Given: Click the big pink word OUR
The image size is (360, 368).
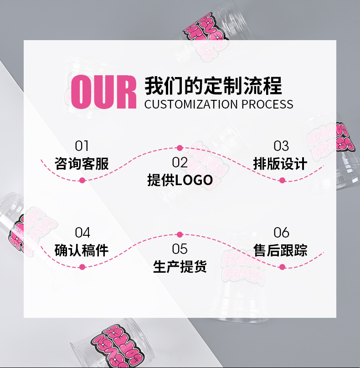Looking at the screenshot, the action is click(x=104, y=93).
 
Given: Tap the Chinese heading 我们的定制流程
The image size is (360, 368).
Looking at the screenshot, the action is click(x=213, y=86).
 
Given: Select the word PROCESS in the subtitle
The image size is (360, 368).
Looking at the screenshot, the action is click(x=267, y=104).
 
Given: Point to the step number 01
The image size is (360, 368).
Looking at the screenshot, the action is click(x=82, y=146).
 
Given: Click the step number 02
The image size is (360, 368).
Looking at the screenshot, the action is click(x=180, y=162).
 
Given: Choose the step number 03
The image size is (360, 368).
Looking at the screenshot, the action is click(x=281, y=146).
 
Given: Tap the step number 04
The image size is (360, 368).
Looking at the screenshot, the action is click(x=82, y=233).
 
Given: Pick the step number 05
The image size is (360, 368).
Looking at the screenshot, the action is click(x=180, y=249).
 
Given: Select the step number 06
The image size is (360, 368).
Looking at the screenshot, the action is click(x=281, y=233).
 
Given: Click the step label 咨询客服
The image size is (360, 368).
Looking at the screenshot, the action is click(x=82, y=164).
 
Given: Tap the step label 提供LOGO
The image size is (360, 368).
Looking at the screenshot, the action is click(x=180, y=180).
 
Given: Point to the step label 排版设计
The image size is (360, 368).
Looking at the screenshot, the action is click(x=280, y=164).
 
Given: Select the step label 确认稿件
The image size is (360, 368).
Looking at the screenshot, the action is click(x=82, y=250).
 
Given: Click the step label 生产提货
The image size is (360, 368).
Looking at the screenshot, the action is click(x=180, y=267).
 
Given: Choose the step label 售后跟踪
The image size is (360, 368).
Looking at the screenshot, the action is click(x=280, y=250).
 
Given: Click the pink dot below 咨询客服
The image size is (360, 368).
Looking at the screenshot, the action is click(x=82, y=181).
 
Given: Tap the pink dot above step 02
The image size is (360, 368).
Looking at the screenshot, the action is click(x=180, y=148).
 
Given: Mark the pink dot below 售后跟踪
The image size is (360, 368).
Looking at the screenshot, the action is click(x=282, y=267).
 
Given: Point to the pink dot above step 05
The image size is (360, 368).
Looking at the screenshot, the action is click(x=180, y=234).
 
